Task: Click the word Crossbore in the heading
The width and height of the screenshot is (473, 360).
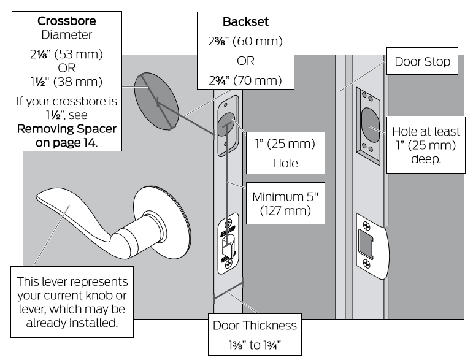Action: click(x=67, y=21)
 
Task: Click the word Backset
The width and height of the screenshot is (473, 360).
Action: click(x=245, y=21)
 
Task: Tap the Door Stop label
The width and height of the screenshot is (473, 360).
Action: click(x=422, y=61)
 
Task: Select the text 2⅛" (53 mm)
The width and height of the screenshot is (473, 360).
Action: click(x=66, y=54)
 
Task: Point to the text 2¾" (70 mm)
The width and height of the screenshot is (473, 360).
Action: click(x=245, y=80)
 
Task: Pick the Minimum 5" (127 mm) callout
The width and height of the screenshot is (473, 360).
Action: click(x=285, y=203)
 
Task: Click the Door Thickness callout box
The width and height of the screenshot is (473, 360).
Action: click(x=255, y=334)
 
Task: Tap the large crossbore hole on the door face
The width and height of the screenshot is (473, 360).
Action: click(x=156, y=101)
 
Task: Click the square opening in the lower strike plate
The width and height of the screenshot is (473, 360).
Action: click(x=366, y=244)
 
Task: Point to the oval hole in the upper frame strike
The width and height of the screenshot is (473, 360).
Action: click(x=371, y=125)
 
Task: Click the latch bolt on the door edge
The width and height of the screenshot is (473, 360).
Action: click(x=228, y=244)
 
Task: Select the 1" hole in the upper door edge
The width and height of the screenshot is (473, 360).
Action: click(x=227, y=125)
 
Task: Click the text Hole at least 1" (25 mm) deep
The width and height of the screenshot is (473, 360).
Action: click(x=426, y=145)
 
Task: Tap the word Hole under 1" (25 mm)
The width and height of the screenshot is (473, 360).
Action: click(x=285, y=163)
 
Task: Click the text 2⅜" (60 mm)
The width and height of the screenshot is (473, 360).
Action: click(x=245, y=41)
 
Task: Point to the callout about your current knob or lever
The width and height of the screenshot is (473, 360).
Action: click(x=72, y=302)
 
